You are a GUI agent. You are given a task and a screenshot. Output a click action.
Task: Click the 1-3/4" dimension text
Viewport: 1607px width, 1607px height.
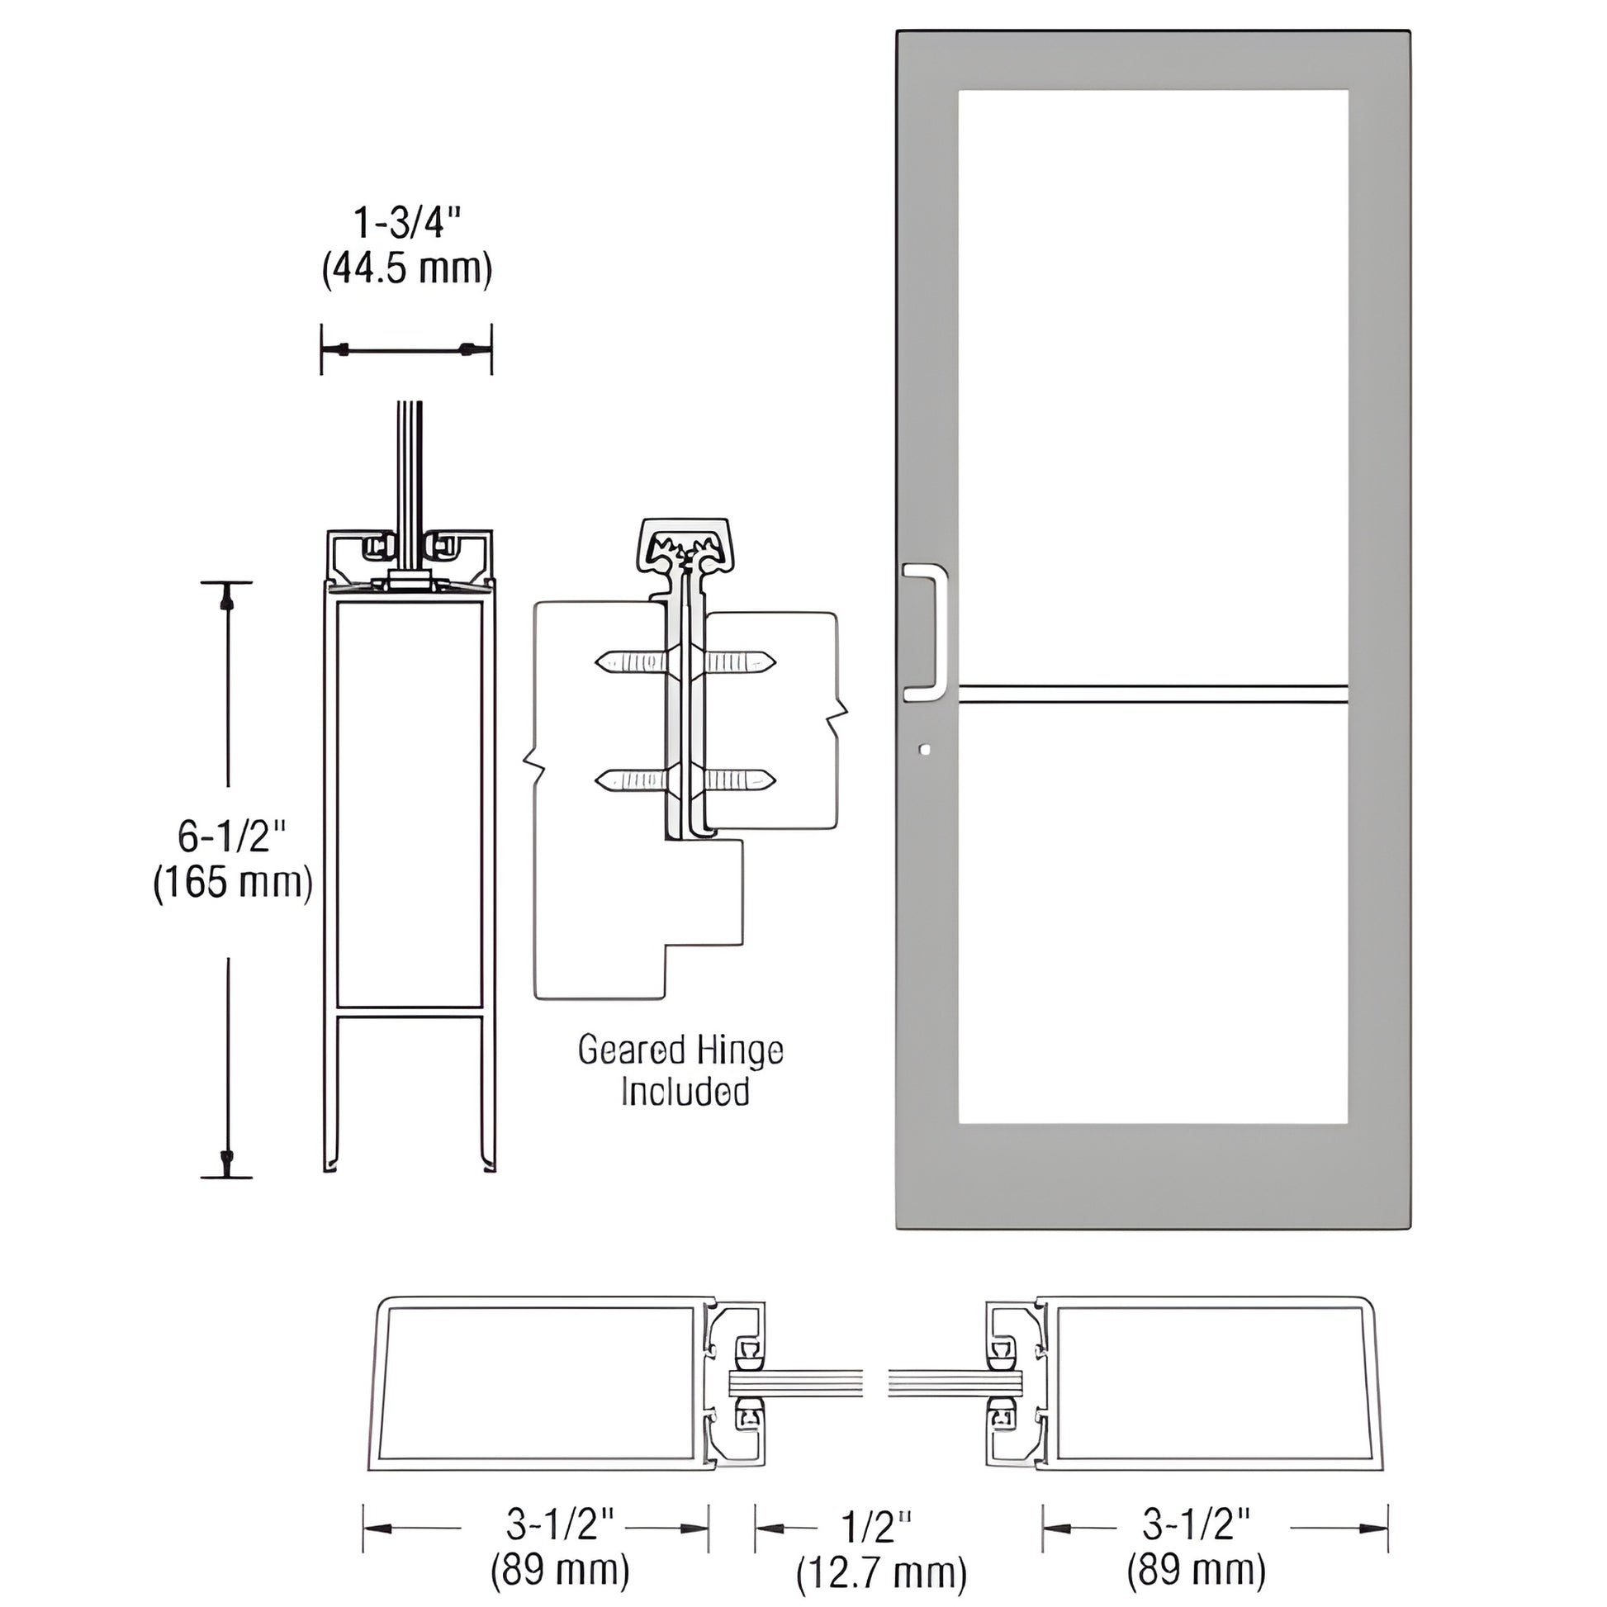(x=407, y=224)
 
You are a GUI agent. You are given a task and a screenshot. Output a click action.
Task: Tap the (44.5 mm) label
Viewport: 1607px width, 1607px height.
(x=407, y=268)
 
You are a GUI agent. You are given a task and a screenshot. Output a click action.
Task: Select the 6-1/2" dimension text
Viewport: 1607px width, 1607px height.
(x=232, y=836)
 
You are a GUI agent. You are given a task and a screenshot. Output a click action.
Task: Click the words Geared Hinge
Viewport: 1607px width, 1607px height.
(x=680, y=1050)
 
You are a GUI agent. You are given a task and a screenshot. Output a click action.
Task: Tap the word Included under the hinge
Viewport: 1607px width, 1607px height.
(x=685, y=1093)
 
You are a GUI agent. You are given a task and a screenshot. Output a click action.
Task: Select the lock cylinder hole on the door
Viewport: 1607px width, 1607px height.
(x=926, y=751)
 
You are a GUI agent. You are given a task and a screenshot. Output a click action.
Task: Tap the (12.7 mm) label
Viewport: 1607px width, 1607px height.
(x=881, y=1573)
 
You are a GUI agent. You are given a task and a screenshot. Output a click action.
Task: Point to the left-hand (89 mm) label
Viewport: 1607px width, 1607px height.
(x=560, y=1571)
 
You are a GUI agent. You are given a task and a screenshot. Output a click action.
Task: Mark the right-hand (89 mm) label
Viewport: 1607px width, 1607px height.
(x=1196, y=1571)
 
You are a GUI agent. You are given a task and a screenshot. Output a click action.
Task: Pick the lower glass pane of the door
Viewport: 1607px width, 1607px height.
(x=1152, y=915)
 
